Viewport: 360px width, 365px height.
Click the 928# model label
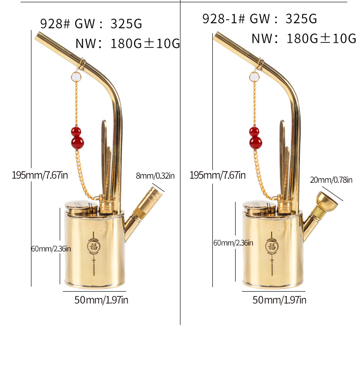click(x=55, y=24)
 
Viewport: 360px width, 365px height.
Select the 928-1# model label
click(x=223, y=19)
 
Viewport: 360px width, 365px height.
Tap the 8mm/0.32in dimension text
click(x=154, y=175)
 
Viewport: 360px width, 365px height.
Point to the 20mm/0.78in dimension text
click(x=331, y=180)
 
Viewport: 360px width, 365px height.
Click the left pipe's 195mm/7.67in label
click(x=40, y=175)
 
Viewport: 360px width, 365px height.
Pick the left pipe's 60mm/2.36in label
click(x=51, y=249)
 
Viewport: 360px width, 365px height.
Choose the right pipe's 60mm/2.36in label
click(x=233, y=243)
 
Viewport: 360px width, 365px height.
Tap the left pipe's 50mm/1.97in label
click(x=101, y=300)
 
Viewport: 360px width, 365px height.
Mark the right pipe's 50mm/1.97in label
click(x=279, y=300)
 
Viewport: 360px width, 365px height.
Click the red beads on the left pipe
click(x=77, y=138)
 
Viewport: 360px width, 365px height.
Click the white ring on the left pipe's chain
click(x=76, y=77)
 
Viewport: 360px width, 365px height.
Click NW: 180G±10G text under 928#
click(x=128, y=44)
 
